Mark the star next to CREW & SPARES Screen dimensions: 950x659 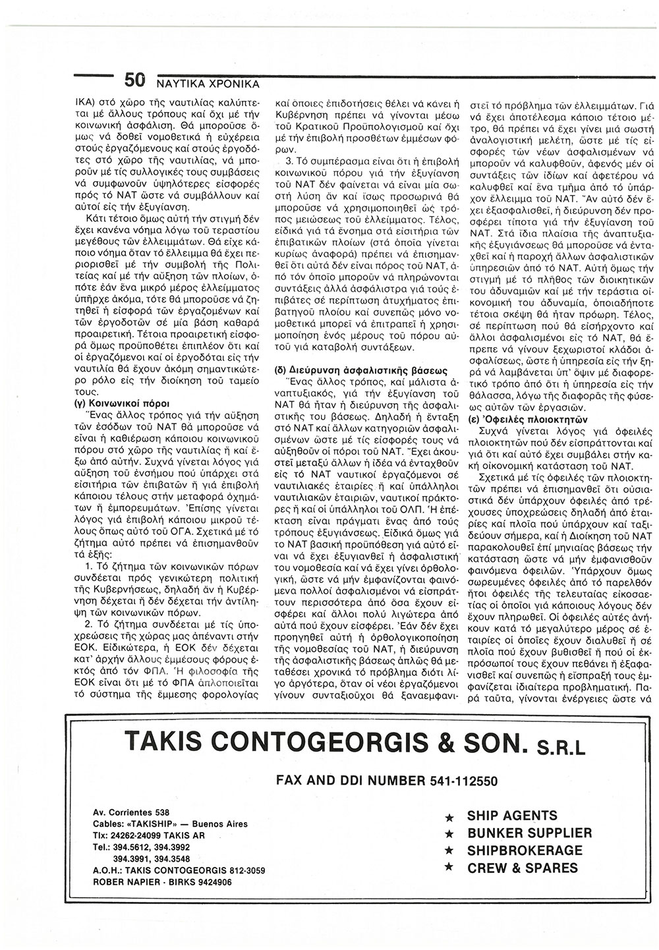(449, 869)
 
